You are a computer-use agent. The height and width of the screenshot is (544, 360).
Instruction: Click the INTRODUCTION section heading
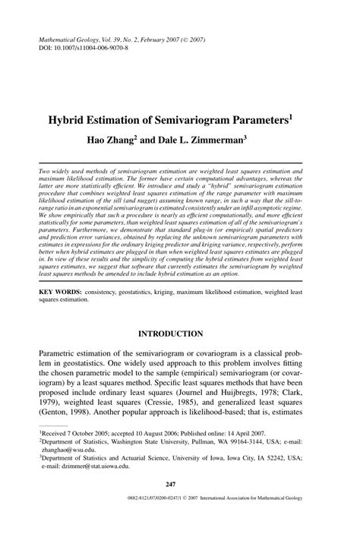(x=180, y=333)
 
